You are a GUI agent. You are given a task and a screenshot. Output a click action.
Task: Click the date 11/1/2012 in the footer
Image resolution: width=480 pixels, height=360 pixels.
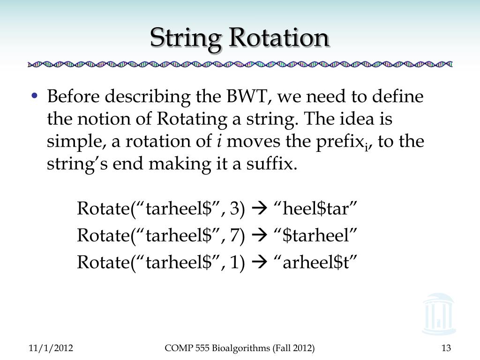(x=51, y=348)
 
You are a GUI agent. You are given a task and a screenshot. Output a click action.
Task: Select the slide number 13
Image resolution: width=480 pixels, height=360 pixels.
(x=446, y=348)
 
